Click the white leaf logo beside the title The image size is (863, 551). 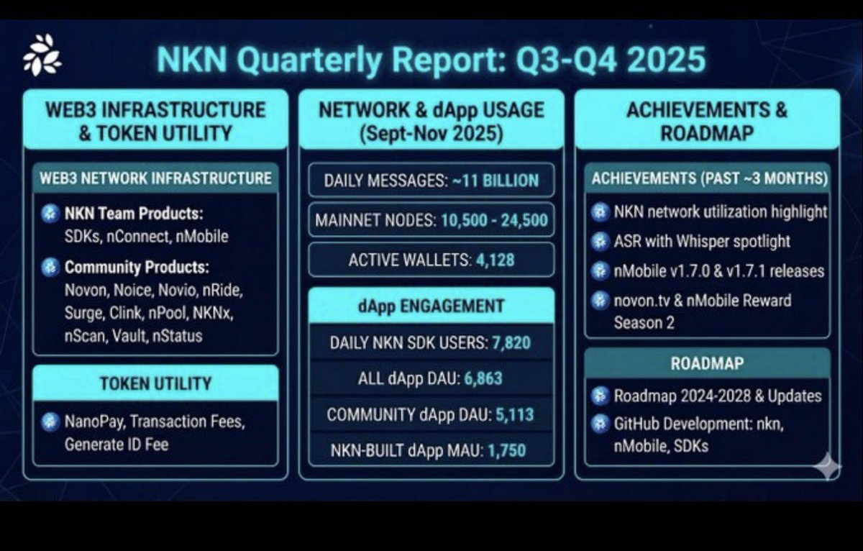pyautogui.click(x=42, y=55)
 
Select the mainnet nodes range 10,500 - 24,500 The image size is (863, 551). pyautogui.click(x=491, y=220)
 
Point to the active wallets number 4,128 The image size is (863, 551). pyautogui.click(x=495, y=260)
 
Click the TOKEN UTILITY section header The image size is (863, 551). pyautogui.click(x=155, y=383)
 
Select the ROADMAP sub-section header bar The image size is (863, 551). pyautogui.click(x=706, y=364)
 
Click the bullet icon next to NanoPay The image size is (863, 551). pyautogui.click(x=50, y=422)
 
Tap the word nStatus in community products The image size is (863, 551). pyautogui.click(x=178, y=335)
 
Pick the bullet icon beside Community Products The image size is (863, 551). pyautogui.click(x=50, y=268)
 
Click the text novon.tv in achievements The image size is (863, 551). pyautogui.click(x=641, y=300)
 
